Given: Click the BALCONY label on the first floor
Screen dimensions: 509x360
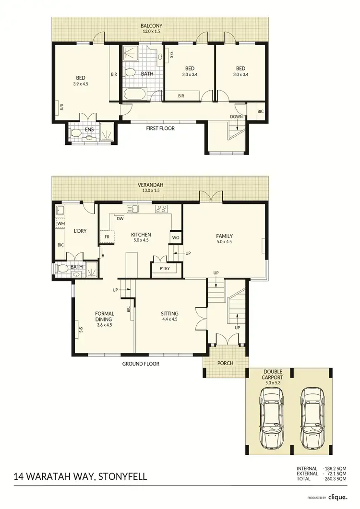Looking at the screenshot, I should click(151, 25).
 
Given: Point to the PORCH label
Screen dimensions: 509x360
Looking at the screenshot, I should click(225, 363).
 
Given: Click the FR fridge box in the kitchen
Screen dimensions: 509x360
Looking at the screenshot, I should click(107, 237).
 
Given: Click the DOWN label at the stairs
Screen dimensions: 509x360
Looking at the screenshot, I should click(236, 117).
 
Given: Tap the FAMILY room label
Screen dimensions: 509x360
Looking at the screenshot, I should click(224, 236).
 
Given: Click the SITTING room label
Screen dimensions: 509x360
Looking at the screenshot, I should click(170, 314).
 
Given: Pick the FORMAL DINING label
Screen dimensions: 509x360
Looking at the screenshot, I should click(104, 317).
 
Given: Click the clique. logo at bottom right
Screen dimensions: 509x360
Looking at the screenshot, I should click(338, 497).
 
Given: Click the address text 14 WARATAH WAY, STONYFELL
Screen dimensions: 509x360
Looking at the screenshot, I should click(81, 477).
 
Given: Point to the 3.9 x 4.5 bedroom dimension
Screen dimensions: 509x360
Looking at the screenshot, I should click(81, 83).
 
